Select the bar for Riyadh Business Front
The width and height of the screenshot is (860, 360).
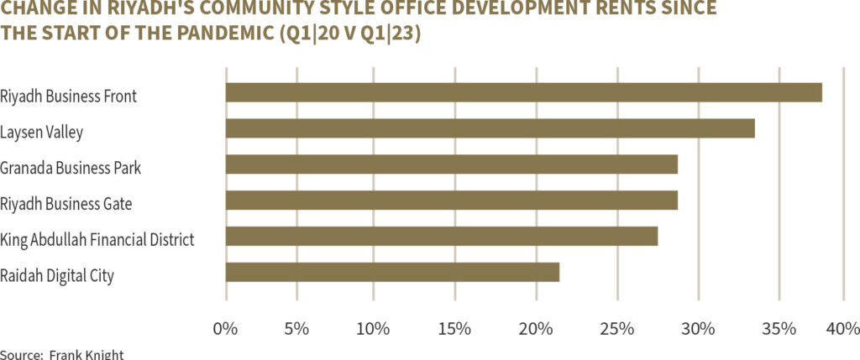pyautogui.click(x=523, y=92)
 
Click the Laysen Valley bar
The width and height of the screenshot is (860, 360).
pyautogui.click(x=490, y=128)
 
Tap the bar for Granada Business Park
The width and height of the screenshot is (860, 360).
pyautogui.click(x=451, y=164)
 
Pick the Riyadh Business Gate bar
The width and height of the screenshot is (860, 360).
pyautogui.click(x=451, y=201)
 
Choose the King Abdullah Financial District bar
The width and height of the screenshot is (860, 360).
pyautogui.click(x=442, y=237)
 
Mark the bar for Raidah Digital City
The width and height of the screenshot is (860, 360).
pyautogui.click(x=392, y=273)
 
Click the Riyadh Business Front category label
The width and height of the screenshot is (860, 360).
pyautogui.click(x=69, y=96)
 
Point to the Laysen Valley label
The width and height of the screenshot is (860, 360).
pyautogui.click(x=42, y=132)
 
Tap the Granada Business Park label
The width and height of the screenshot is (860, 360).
pyautogui.click(x=71, y=168)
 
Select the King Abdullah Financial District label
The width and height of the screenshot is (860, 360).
pyautogui.click(x=97, y=240)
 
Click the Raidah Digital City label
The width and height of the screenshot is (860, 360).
pyautogui.click(x=58, y=275)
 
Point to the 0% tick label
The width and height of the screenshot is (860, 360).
pyautogui.click(x=226, y=327)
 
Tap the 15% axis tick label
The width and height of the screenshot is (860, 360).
pyautogui.click(x=454, y=327)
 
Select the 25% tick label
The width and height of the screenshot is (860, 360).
pyautogui.click(x=617, y=327)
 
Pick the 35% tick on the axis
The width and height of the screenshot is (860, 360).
pyautogui.click(x=779, y=327)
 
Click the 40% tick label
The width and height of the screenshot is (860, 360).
pyautogui.click(x=842, y=327)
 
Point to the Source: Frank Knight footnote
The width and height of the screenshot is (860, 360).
pyautogui.click(x=62, y=354)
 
